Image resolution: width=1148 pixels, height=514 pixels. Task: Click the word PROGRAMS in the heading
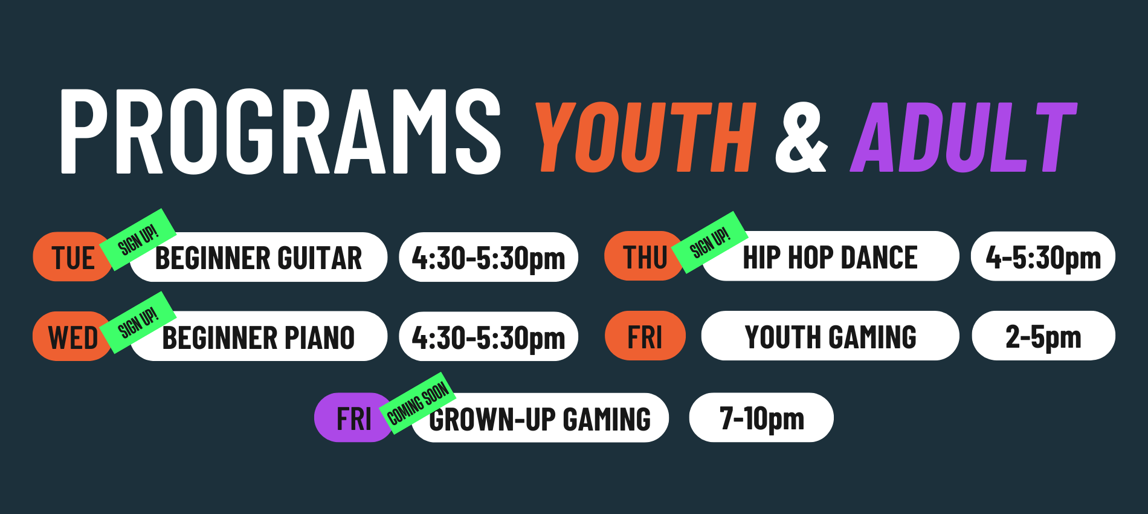click(280, 132)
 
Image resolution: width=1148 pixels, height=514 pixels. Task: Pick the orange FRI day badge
click(645, 336)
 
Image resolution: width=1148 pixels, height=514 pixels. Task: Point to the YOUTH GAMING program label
click(830, 336)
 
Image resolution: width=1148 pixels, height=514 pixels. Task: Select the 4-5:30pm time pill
click(1043, 256)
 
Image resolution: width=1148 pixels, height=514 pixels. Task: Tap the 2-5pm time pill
click(1043, 336)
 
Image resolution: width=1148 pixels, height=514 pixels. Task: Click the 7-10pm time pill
click(761, 418)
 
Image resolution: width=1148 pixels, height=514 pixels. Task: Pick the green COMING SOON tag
click(418, 403)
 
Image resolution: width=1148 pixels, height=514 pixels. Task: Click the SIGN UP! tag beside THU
click(710, 242)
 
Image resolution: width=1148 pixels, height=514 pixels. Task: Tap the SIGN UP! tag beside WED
click(138, 322)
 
